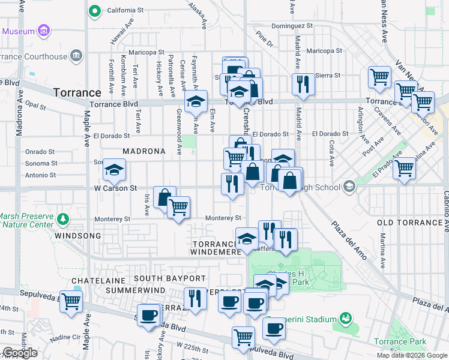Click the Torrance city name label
[77, 93]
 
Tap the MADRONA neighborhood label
[144, 151]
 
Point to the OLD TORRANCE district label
[412, 223]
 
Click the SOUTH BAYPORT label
[169, 278]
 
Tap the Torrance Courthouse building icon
[76, 56]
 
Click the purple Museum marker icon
[43, 31]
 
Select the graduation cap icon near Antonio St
[114, 170]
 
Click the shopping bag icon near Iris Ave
[164, 197]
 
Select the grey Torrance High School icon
[348, 187]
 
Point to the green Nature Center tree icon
[62, 218]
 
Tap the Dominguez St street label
[293, 26]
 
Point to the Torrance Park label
[400, 342]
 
